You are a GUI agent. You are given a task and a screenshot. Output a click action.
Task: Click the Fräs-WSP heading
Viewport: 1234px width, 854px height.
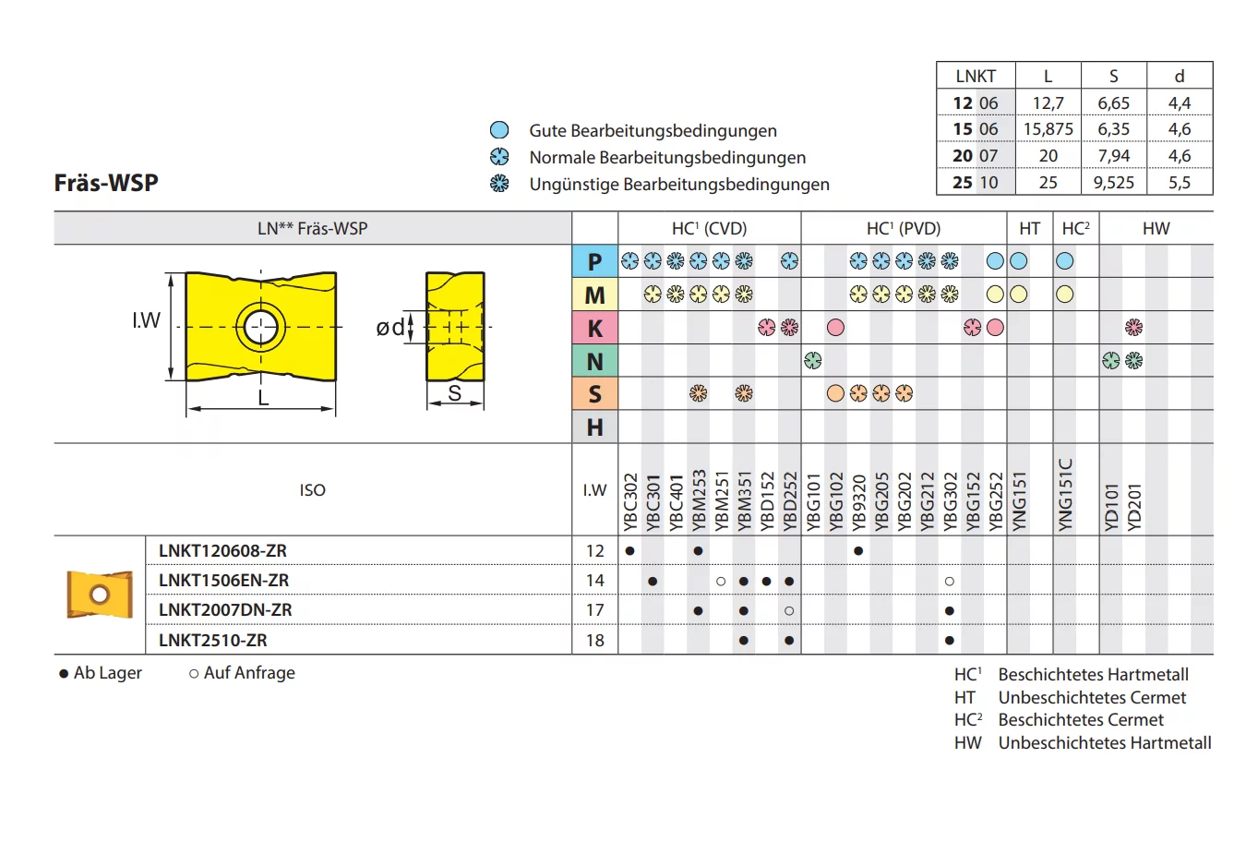pos(106,183)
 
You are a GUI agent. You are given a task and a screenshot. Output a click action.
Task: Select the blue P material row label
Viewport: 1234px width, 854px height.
pos(594,261)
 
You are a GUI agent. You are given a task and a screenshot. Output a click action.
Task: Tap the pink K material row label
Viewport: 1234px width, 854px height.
pos(594,328)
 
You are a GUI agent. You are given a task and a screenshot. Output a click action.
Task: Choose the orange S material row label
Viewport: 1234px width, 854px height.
pos(594,394)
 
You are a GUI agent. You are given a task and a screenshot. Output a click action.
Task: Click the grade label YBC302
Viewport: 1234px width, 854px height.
pos(630,502)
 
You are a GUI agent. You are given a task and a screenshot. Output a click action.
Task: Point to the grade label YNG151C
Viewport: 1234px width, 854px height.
pos(1065,495)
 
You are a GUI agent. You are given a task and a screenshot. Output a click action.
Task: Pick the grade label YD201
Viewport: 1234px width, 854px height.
pos(1134,508)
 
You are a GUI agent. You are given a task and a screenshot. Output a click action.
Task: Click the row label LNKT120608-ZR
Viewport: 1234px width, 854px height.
pos(222,550)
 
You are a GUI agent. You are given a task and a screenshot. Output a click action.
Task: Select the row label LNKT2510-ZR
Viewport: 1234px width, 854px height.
pos(212,640)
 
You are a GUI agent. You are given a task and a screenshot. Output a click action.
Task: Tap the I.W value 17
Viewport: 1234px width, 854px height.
pos(595,610)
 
